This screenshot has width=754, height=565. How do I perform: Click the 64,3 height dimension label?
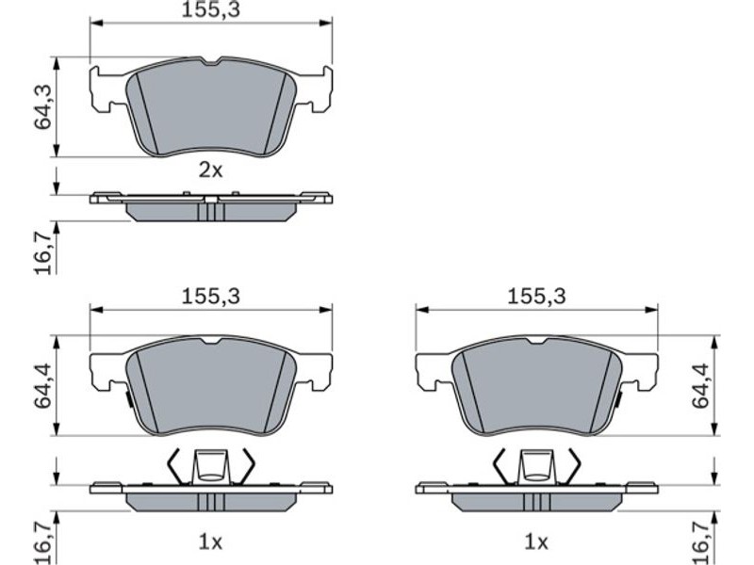(42, 106)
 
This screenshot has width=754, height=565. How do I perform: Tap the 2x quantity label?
(211, 170)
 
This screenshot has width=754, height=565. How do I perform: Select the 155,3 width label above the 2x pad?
(210, 10)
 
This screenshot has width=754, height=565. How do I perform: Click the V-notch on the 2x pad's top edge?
(210, 62)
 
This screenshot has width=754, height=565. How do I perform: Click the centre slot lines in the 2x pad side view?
(210, 211)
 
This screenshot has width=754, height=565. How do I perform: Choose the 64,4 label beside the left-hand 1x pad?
(42, 386)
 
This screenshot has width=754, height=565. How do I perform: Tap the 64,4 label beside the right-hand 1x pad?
(700, 386)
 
